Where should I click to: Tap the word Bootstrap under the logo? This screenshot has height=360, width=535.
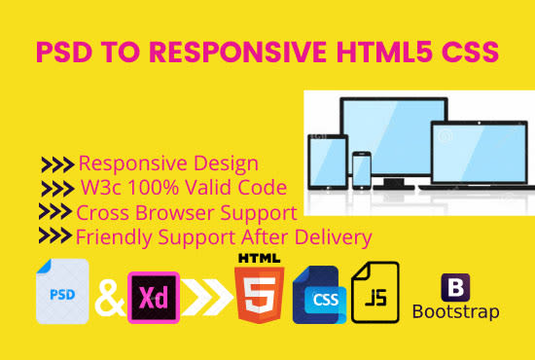[456, 313]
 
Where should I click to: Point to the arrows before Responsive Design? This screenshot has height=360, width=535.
[56, 164]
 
